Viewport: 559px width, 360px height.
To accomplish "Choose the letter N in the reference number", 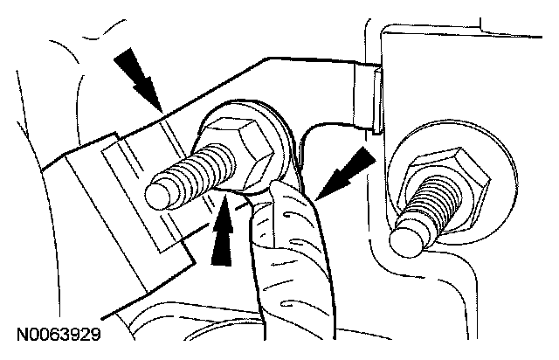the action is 20,334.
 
